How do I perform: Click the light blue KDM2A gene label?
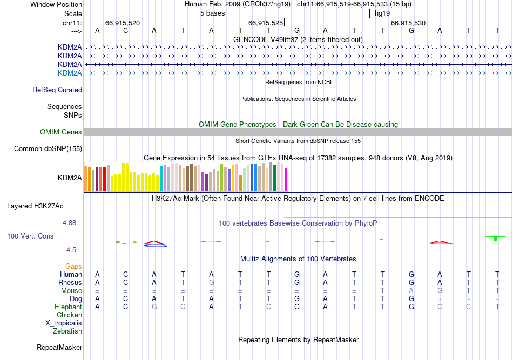coord(70,73)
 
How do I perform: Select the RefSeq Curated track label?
coord(57,90)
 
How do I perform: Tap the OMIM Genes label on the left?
coord(61,132)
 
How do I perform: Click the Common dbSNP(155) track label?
coord(48,149)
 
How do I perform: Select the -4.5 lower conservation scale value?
coord(72,250)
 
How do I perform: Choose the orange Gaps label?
coord(73,267)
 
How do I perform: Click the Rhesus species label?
coord(71,283)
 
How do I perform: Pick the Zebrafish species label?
coord(67,331)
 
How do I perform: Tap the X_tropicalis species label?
coord(64,323)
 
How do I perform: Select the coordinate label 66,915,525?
coord(265,23)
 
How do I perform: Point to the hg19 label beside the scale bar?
coord(382,12)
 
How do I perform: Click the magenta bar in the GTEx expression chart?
coord(286,179)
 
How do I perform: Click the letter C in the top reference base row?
coord(126,30)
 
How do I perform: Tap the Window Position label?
coord(56,4)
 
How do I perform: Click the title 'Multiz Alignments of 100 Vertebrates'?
coord(298,259)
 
